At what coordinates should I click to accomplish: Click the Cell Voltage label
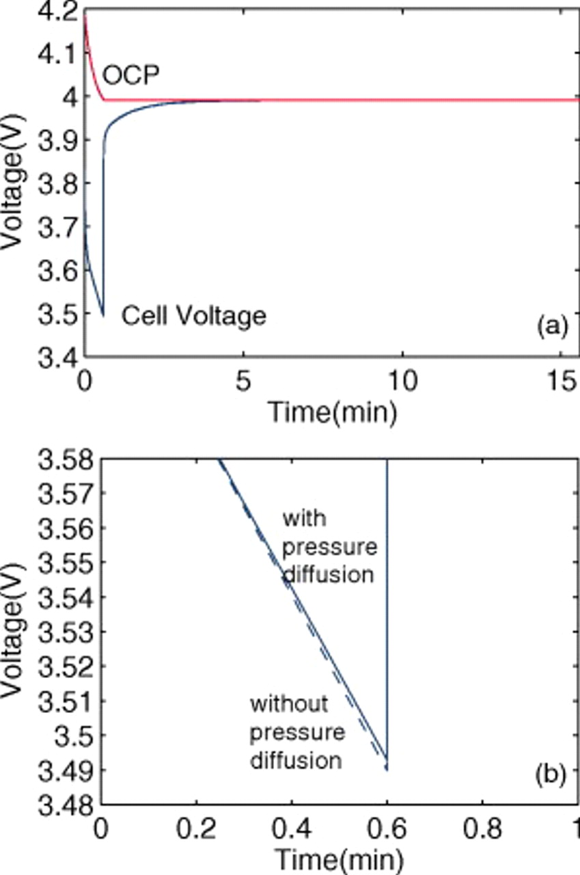pyautogui.click(x=193, y=316)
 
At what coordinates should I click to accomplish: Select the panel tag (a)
pyautogui.click(x=552, y=327)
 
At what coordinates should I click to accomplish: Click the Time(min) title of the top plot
pyautogui.click(x=332, y=412)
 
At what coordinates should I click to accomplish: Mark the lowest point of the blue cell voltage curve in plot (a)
pyautogui.click(x=103, y=316)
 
